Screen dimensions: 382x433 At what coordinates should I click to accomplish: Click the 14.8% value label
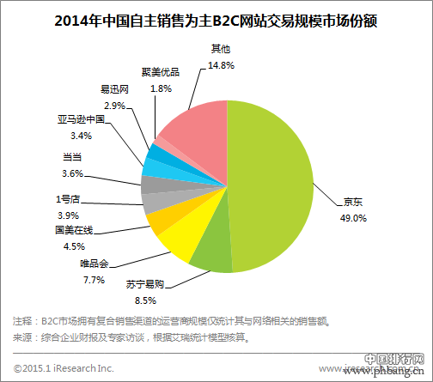click(x=221, y=64)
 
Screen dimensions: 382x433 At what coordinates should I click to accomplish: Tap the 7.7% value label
click(x=92, y=279)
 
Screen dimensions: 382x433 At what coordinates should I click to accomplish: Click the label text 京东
click(x=353, y=203)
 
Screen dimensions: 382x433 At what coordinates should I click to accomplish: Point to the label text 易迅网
click(x=114, y=88)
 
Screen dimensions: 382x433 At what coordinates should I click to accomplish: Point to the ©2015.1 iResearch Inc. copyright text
click(x=64, y=367)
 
